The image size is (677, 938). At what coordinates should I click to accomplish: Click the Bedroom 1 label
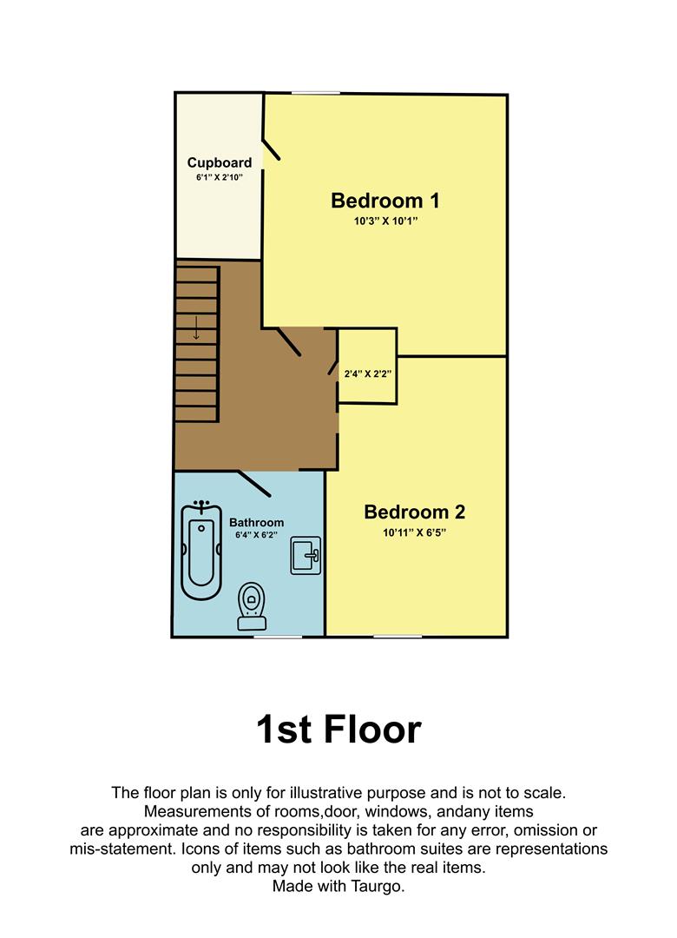(x=385, y=201)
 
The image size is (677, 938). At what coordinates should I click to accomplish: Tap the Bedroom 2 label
(x=415, y=512)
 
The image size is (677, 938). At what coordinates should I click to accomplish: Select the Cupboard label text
(x=220, y=162)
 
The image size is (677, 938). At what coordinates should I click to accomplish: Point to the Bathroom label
(x=257, y=522)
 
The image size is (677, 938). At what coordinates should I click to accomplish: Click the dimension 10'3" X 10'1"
(x=385, y=221)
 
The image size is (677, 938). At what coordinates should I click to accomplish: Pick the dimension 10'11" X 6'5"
(x=415, y=532)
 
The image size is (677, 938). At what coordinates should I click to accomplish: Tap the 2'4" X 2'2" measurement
(x=368, y=373)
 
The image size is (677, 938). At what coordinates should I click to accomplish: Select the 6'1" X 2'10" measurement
(x=220, y=177)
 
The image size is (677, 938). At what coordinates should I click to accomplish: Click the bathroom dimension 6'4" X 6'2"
(x=257, y=535)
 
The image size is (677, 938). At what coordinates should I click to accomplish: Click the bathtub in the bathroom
(x=201, y=551)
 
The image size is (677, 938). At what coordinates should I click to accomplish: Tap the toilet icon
(x=252, y=606)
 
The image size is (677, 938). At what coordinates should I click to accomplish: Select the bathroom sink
(x=306, y=556)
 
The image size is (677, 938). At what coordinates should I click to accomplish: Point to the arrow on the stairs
(x=196, y=328)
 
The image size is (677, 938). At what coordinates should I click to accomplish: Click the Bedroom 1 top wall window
(x=316, y=93)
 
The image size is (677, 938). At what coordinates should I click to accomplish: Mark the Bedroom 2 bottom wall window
(x=398, y=637)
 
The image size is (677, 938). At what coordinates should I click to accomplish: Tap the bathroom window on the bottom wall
(x=278, y=637)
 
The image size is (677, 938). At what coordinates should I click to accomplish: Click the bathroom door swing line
(x=254, y=484)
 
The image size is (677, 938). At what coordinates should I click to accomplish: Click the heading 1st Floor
(x=338, y=730)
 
